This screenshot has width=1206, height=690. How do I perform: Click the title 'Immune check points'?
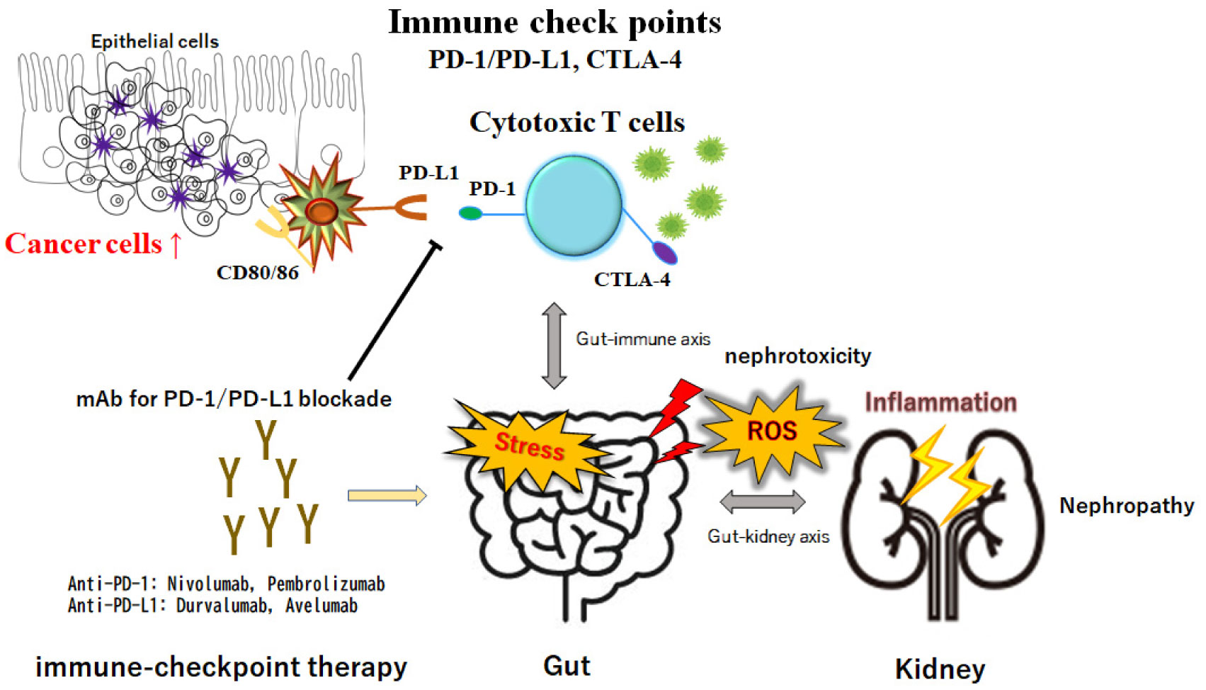554,23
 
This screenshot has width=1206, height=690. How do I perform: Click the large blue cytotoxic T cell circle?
574,205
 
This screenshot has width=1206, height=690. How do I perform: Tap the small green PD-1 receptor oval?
470,213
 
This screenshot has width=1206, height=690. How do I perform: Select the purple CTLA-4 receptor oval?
664,252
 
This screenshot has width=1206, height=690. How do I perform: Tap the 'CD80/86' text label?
257,273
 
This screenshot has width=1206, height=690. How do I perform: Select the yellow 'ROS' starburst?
771,431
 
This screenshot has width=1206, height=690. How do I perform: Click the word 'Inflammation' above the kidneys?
940,402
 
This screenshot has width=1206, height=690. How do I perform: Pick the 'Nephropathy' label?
1126,506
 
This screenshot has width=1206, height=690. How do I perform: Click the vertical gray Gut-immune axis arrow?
554,346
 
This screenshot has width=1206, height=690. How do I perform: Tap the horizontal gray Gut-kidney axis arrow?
762,502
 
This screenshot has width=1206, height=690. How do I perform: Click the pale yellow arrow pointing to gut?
387,495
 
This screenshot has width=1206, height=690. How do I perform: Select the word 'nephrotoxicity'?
797,356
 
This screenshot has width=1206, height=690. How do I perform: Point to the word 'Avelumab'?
322,606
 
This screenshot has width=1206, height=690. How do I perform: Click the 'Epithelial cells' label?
154,42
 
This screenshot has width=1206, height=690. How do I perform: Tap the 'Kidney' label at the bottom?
940,669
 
